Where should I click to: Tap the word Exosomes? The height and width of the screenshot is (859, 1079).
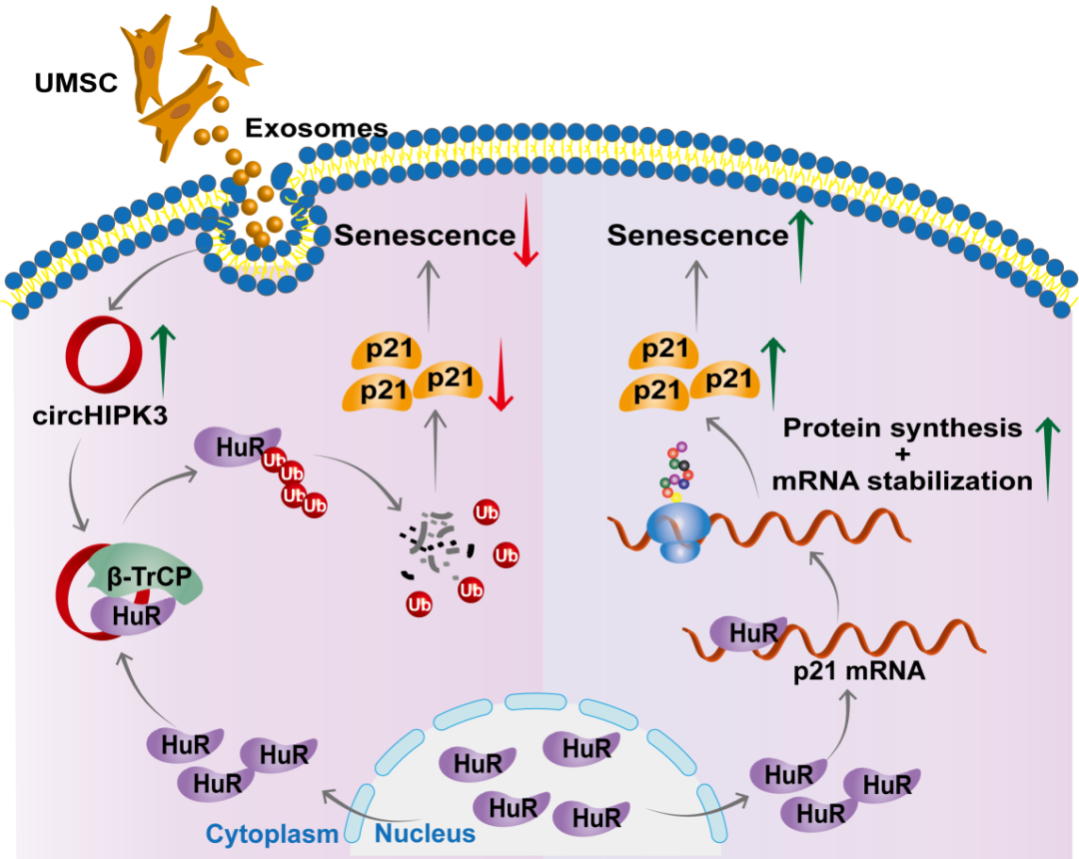[x=316, y=128]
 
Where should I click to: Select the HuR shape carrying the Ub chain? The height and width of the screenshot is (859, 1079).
[x=225, y=450]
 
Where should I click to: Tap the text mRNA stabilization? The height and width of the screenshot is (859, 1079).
[x=902, y=480]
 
